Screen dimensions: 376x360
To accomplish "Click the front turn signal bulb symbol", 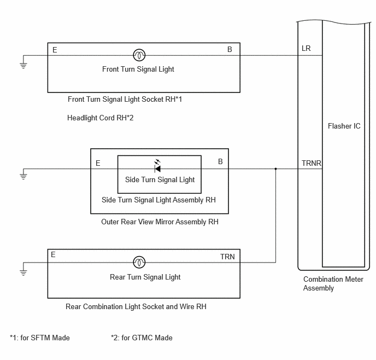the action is pyautogui.click(x=139, y=55).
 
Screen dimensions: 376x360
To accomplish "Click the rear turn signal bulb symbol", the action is pyautogui.click(x=139, y=262).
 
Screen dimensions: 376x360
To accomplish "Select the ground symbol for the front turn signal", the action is pyautogui.click(x=23, y=65).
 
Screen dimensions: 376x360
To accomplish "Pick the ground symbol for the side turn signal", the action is pyautogui.click(x=23, y=176).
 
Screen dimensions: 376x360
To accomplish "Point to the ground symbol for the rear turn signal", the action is pyautogui.click(x=23, y=272).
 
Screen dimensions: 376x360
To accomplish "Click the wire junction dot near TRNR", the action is pyautogui.click(x=275, y=169).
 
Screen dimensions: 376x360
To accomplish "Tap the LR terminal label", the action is pyautogui.click(x=306, y=48).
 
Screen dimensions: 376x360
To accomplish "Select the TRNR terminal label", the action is pyautogui.click(x=312, y=163).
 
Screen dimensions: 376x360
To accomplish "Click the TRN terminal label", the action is pyautogui.click(x=227, y=257).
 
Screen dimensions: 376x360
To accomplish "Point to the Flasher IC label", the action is pyautogui.click(x=344, y=126).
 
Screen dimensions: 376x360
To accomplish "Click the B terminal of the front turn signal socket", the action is pyautogui.click(x=230, y=49).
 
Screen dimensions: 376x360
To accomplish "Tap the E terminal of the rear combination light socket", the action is pyautogui.click(x=53, y=254).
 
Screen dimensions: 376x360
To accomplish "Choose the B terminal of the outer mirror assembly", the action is pyautogui.click(x=220, y=161).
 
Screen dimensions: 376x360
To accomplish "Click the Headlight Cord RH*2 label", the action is pyautogui.click(x=100, y=118).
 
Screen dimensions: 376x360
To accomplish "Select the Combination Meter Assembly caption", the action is pyautogui.click(x=333, y=283).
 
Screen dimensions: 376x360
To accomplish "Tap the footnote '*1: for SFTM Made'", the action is pyautogui.click(x=40, y=338).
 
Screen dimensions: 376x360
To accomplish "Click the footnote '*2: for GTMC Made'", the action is pyautogui.click(x=142, y=338).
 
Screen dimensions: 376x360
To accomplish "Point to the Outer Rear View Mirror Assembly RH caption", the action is pyautogui.click(x=160, y=222).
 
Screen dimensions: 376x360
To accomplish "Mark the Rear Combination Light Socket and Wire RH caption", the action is pyautogui.click(x=136, y=306).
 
